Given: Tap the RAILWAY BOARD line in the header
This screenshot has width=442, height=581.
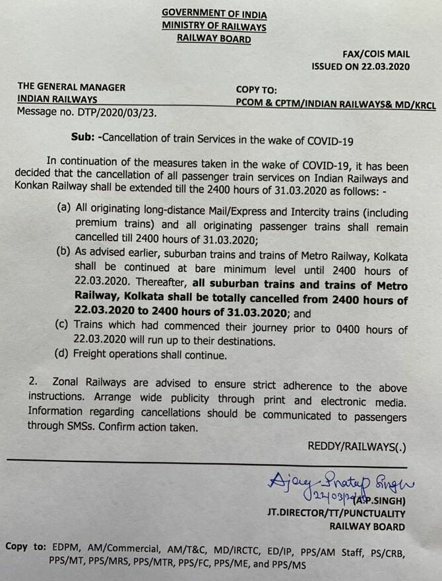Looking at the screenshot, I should pyautogui.click(x=214, y=39).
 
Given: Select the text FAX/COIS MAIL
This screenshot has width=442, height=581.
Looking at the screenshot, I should pyautogui.click(x=376, y=54).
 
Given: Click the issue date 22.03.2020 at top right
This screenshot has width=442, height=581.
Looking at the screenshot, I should pyautogui.click(x=385, y=67).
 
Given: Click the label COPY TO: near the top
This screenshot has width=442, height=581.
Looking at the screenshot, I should pyautogui.click(x=257, y=89).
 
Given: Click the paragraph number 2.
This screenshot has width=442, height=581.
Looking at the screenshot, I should pyautogui.click(x=32, y=386).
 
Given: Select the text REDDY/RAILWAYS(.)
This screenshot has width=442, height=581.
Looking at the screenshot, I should pyautogui.click(x=357, y=447).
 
